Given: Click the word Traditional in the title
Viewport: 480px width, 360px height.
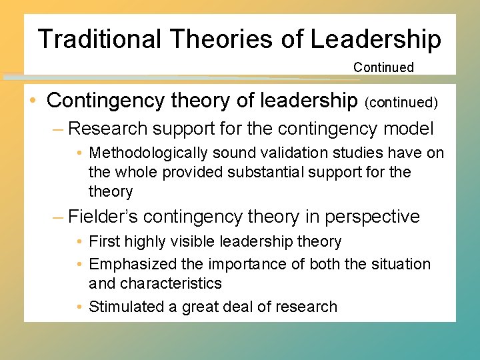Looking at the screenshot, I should pos(99,39).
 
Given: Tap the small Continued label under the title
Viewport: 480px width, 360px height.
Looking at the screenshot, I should pos(383,67).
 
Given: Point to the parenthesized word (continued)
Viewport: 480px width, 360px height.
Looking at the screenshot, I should pos(401,102).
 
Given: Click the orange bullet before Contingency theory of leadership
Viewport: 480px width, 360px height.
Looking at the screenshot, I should pos(33,101).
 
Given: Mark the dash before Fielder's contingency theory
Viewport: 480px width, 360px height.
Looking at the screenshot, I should pos(58,217).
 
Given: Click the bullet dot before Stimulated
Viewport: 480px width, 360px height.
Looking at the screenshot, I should pos(79,307).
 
